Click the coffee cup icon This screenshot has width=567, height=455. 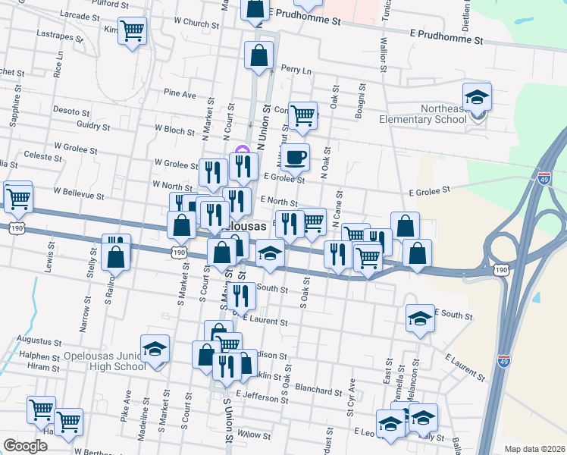pos(297,157)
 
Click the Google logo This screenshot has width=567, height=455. pos(25,446)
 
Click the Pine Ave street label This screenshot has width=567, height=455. pos(180,94)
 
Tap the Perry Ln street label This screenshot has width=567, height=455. pos(296,70)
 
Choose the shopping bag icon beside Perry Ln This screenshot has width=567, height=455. pos(258,55)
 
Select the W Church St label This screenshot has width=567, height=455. pos(196,23)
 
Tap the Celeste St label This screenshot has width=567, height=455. pos(42,156)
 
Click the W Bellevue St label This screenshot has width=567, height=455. pos(78,194)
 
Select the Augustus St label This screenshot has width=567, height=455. pos(40,343)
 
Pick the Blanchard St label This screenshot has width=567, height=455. pos(321,391)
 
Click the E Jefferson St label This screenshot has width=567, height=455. pos(263,395)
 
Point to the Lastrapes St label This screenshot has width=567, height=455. pos(59,34)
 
